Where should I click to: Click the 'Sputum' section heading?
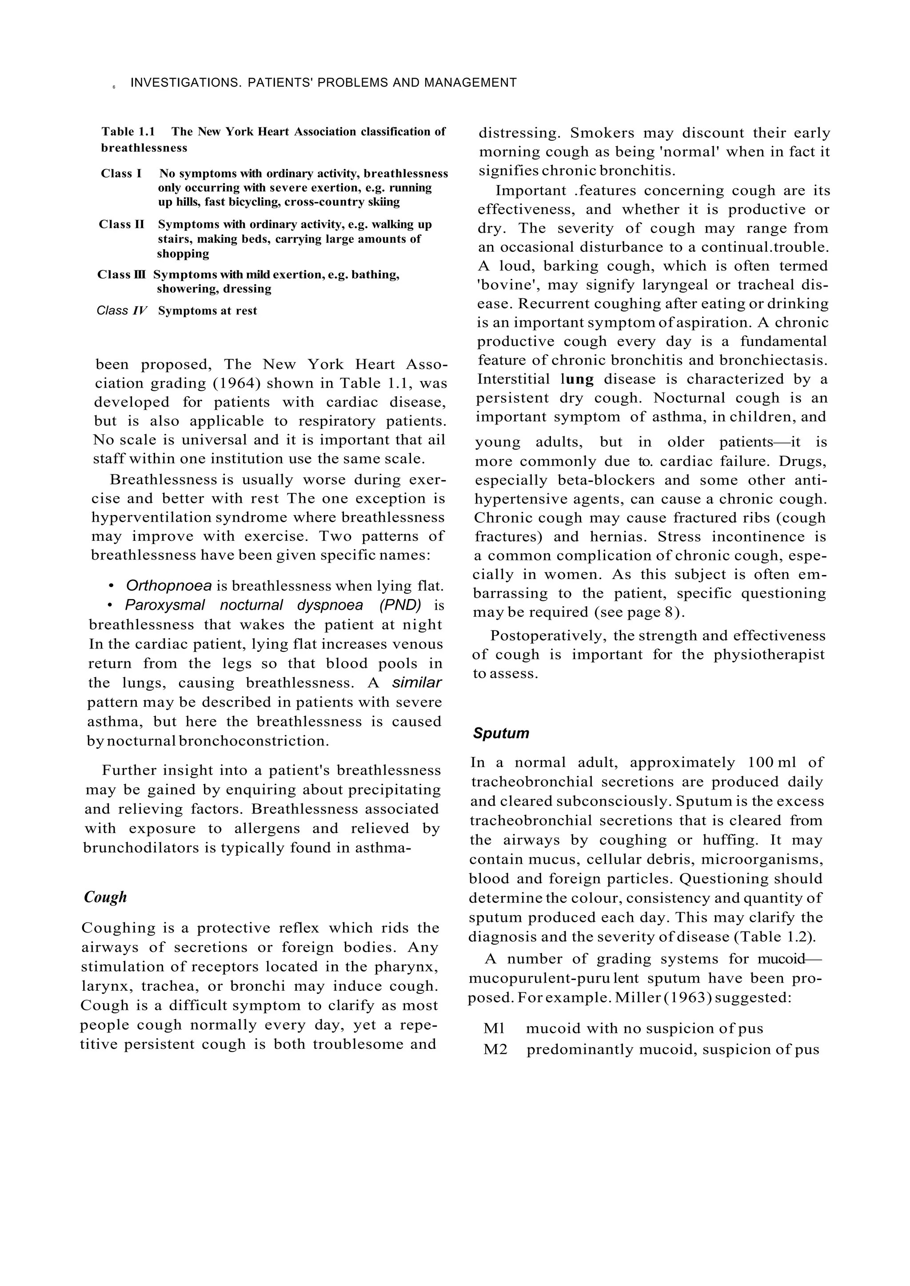(x=500, y=733)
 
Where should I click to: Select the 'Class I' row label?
(x=120, y=174)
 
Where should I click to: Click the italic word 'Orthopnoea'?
(x=169, y=586)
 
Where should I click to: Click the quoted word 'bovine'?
(x=507, y=285)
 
